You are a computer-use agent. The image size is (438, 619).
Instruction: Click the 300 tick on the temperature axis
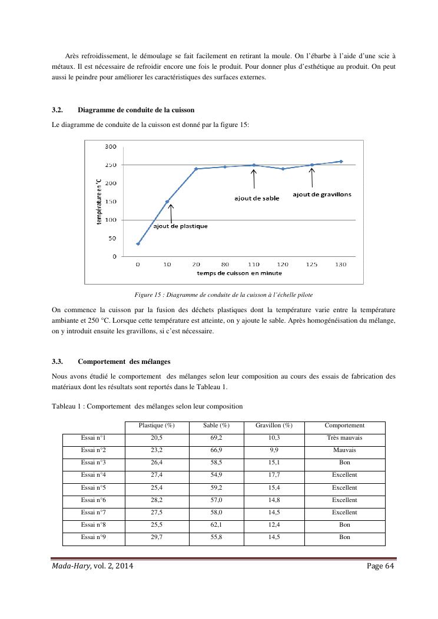click(x=111, y=146)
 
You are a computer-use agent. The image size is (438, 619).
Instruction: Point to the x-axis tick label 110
click(x=254, y=265)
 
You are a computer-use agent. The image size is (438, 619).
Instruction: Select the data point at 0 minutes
click(x=138, y=243)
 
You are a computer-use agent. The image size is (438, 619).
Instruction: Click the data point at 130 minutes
click(x=341, y=161)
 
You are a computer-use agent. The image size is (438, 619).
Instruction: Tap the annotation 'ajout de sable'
click(x=254, y=198)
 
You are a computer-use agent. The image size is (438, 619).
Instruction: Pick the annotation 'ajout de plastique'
click(x=180, y=226)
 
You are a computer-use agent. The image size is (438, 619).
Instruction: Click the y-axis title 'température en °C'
click(x=99, y=201)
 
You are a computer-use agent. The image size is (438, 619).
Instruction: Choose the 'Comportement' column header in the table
click(x=344, y=425)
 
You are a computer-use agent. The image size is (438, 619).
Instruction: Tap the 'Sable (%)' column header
click(x=216, y=425)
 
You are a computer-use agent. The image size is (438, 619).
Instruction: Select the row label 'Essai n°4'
click(x=93, y=475)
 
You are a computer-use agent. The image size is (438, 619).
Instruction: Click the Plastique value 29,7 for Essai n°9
click(x=156, y=537)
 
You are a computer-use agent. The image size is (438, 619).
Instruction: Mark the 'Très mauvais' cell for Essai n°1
click(x=344, y=438)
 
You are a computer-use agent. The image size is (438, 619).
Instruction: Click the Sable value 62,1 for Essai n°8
click(x=216, y=525)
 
